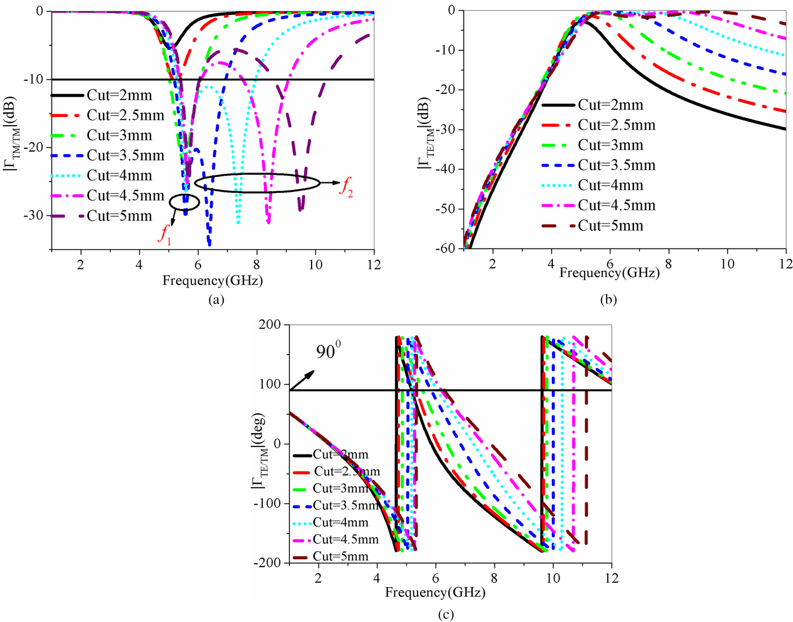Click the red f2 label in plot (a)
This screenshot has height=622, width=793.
pos(346,187)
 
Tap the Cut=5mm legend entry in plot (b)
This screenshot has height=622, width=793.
pos(611,226)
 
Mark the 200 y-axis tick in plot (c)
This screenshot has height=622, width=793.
pos(270,325)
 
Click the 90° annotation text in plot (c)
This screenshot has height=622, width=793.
pos(329,352)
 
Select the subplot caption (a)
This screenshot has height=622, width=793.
pos(216,300)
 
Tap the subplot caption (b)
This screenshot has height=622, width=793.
pos(608,300)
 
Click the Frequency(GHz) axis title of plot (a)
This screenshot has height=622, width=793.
pos(212,281)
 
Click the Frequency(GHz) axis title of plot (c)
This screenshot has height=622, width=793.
pos(435,593)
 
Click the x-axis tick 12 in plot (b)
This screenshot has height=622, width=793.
pos(785,264)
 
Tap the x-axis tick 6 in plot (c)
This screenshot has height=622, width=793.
pos(436,578)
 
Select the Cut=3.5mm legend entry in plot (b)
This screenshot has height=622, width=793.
pos(616,165)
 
